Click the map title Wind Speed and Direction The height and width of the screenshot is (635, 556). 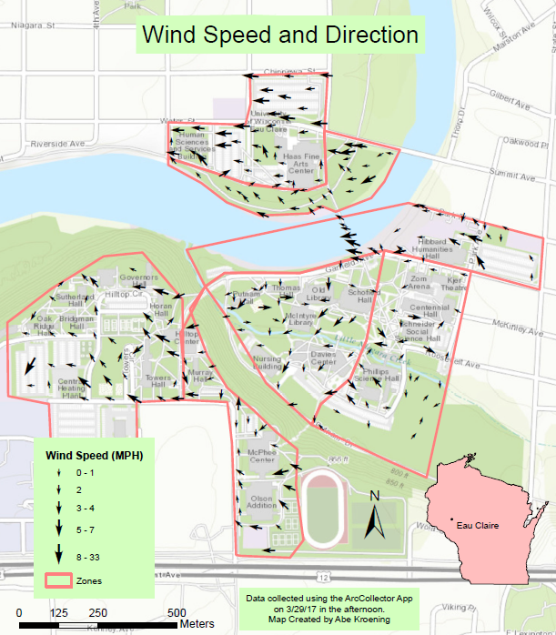(x=278, y=35)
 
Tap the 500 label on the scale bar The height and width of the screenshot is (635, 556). (x=179, y=612)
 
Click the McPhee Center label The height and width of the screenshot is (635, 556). (x=262, y=456)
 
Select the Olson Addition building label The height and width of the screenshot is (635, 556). (x=262, y=504)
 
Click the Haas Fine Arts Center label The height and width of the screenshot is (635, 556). (x=300, y=164)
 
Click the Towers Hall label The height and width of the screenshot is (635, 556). (x=157, y=380)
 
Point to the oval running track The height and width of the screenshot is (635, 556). (x=325, y=507)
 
